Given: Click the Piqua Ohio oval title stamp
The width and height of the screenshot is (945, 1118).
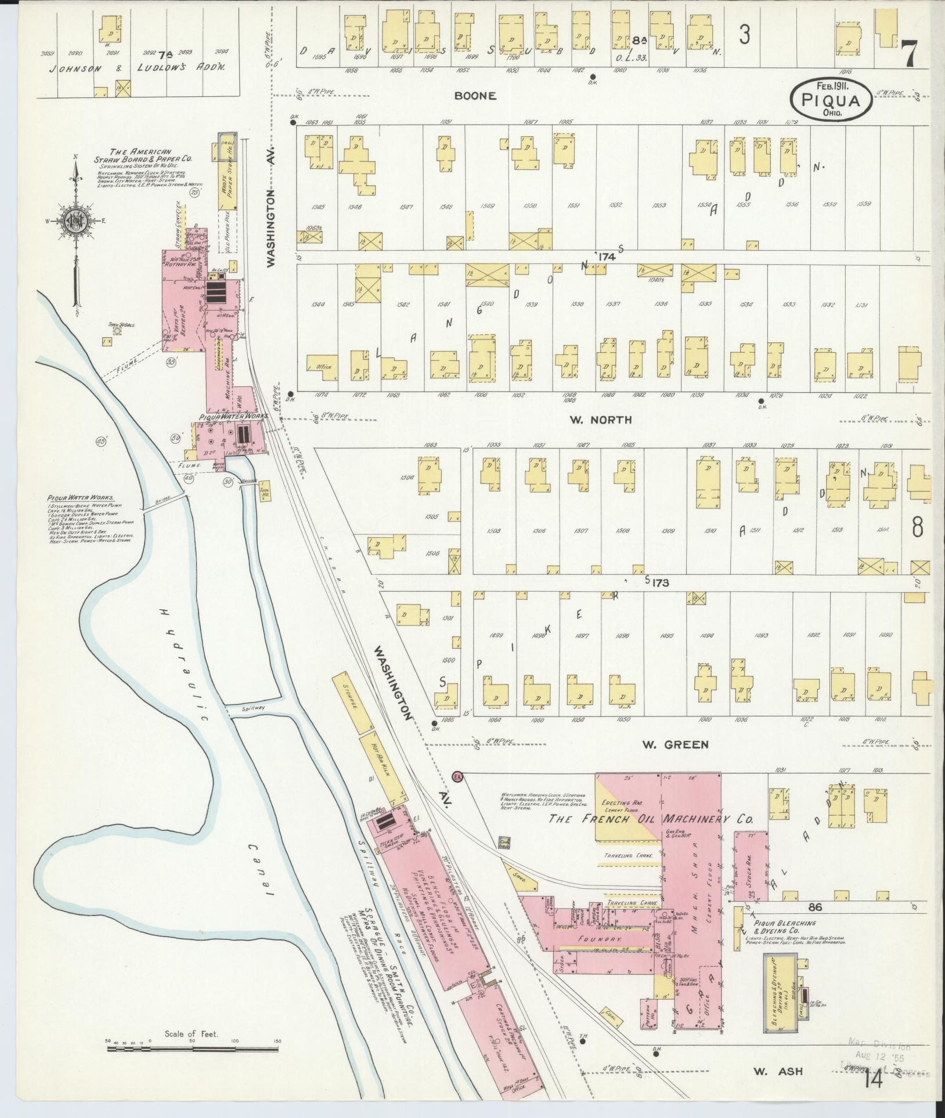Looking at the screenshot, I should click(830, 98).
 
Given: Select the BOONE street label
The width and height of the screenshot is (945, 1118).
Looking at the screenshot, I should click(475, 96).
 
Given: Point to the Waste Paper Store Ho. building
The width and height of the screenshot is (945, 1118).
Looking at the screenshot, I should click(225, 186).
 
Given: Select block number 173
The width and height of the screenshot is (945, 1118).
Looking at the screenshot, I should click(660, 582).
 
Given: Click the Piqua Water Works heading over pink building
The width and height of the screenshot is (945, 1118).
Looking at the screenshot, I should click(232, 417).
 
